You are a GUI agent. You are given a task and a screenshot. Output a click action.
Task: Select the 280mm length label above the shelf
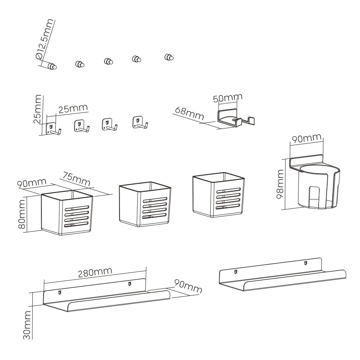95,273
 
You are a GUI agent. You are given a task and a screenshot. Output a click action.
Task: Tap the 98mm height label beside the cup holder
280,184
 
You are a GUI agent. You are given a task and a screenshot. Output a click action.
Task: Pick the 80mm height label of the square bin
22,214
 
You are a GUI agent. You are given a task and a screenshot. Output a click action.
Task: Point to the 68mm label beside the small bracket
189,113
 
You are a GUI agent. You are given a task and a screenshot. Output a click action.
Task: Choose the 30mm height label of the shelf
27,325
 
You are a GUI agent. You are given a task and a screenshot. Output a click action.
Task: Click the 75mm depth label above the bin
76,179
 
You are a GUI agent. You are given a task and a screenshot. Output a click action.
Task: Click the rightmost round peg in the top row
169,57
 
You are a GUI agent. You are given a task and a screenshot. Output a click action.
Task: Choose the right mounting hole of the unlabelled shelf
306,263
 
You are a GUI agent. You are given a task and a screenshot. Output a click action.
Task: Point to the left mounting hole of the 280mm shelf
60,292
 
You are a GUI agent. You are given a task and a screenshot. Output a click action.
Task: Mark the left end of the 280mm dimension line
44,283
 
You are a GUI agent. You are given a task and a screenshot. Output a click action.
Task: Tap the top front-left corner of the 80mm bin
41,195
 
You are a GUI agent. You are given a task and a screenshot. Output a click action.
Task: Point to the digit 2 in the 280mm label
81,274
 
